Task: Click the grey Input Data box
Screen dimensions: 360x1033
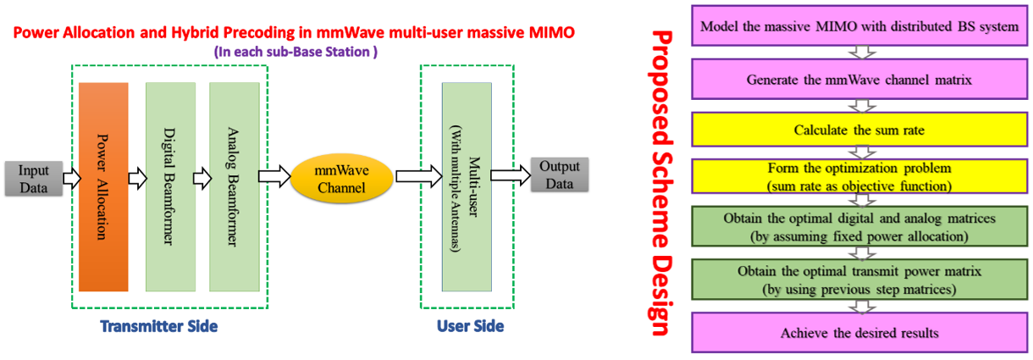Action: coord(34,177)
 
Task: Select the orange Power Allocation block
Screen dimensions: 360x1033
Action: coord(102,186)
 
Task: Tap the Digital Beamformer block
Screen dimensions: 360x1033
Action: coord(170,186)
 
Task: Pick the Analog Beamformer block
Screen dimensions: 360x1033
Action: coord(234,186)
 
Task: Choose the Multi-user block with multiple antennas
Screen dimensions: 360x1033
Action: coord(467,186)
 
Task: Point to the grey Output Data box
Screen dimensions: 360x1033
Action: coord(560,175)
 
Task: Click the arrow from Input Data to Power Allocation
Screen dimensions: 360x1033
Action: coord(70,178)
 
